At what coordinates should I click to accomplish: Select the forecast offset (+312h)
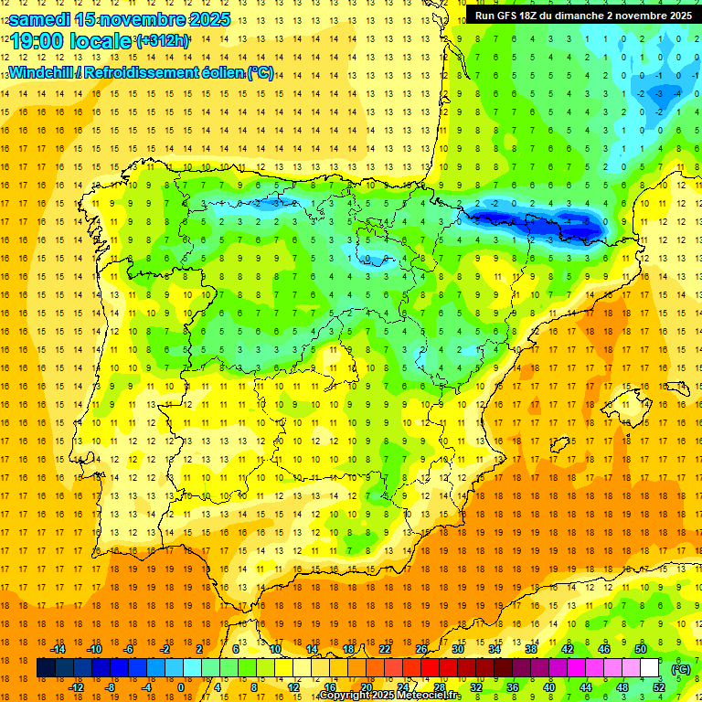(x=163, y=41)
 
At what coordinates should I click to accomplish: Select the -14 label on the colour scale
(x=58, y=649)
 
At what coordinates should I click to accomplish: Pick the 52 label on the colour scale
(x=659, y=687)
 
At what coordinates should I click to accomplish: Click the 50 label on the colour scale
(x=641, y=649)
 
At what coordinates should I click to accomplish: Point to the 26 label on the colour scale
(x=421, y=649)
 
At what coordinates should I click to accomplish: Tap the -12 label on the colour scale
(x=76, y=687)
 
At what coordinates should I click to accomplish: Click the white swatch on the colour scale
(x=650, y=668)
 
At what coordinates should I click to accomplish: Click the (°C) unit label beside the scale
(x=680, y=668)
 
